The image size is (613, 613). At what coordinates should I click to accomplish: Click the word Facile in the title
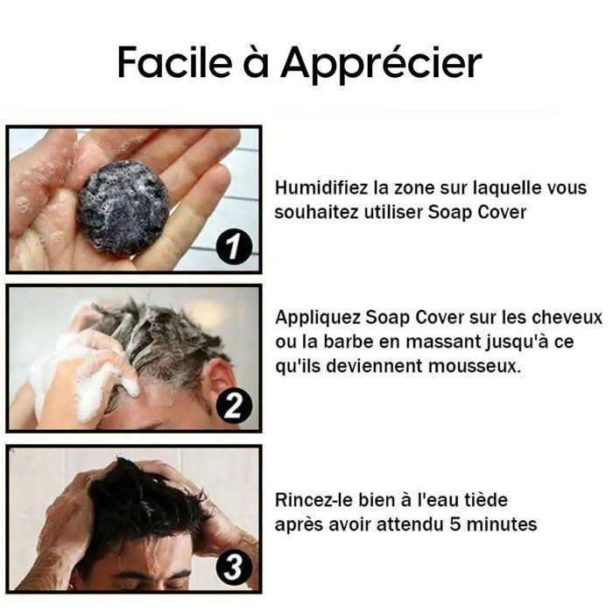175,63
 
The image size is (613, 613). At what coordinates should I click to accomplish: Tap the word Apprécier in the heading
381,65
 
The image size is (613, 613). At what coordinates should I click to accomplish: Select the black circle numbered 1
234,247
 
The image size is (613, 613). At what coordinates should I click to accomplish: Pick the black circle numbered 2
234,405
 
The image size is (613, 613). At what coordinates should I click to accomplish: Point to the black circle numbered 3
234,567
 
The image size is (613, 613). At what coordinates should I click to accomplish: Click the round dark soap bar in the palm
123,208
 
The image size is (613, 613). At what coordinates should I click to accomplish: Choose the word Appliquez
317,318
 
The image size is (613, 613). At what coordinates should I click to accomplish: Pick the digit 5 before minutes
455,525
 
